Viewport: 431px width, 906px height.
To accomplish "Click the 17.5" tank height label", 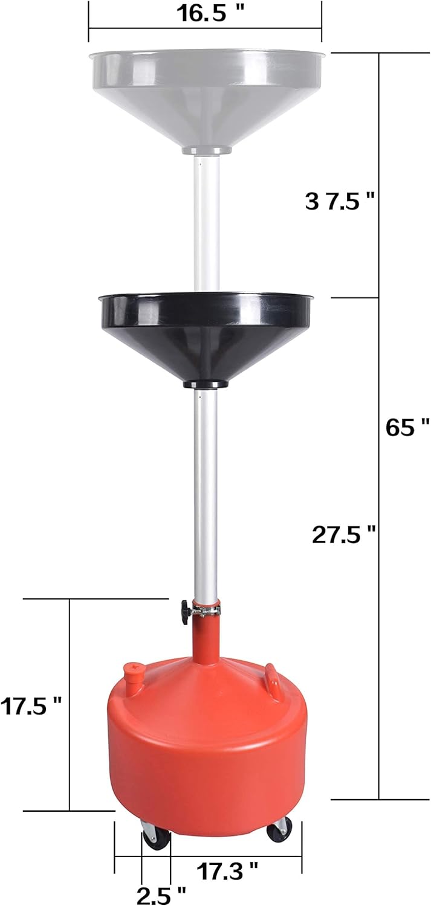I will point(31,705).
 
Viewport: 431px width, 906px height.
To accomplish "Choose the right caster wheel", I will point(279,829).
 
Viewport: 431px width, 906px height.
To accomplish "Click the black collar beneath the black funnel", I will point(205,384).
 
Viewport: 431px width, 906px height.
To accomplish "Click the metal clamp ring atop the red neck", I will point(206,611).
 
